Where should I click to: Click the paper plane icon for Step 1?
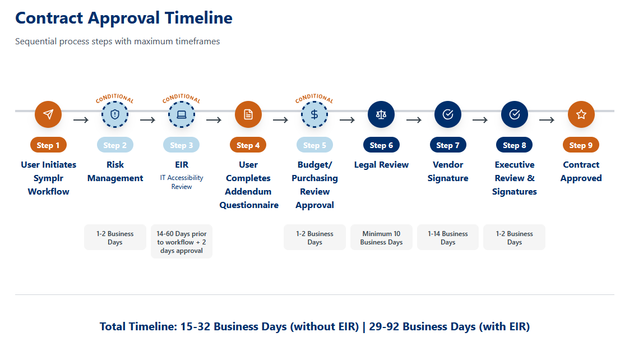(x=48, y=114)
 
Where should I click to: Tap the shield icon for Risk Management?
(x=115, y=114)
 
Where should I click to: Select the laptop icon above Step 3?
(x=182, y=114)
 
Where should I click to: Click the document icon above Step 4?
(x=248, y=114)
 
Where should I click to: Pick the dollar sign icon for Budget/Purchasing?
(x=314, y=114)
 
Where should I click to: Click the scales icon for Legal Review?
(x=381, y=114)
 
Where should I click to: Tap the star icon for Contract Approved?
(x=581, y=114)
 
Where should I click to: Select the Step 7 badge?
(x=448, y=145)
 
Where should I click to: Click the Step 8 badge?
(x=514, y=145)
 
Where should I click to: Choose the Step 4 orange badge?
(x=248, y=145)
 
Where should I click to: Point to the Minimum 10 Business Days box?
(x=381, y=238)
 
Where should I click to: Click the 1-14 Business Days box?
(x=448, y=238)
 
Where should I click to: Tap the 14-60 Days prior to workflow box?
(x=182, y=242)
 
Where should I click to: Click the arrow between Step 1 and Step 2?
(x=81, y=119)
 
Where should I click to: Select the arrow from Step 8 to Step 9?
(x=547, y=119)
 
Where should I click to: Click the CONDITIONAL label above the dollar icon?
(x=314, y=99)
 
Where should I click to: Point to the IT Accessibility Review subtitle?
(x=182, y=182)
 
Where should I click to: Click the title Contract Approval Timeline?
(x=124, y=18)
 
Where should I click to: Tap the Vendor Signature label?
(x=448, y=171)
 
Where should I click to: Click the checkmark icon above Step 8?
(x=515, y=114)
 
